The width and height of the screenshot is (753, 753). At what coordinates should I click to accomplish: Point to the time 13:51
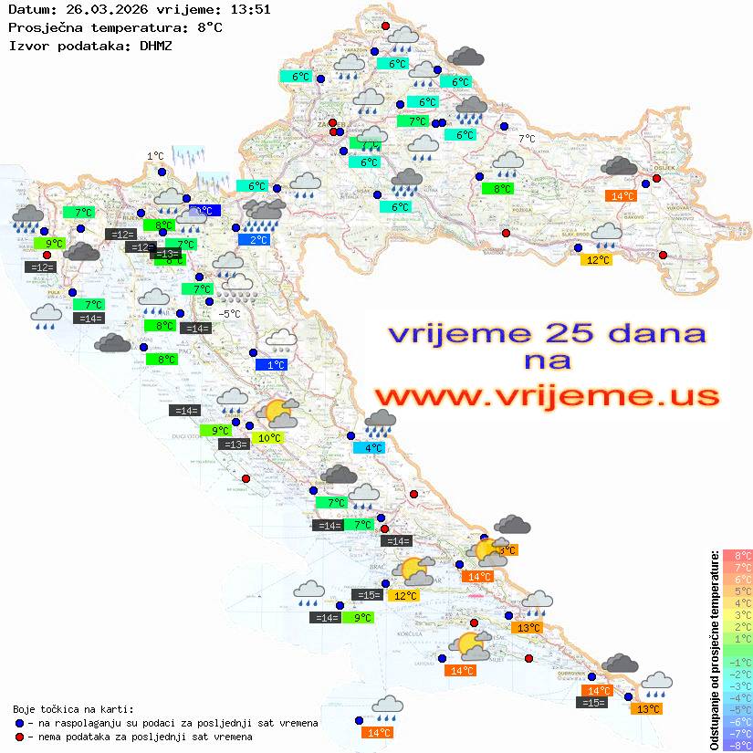(x=248, y=9)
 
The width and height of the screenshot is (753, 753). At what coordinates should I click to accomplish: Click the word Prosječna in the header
(x=41, y=27)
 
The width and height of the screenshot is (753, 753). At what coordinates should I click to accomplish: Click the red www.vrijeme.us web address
(x=547, y=397)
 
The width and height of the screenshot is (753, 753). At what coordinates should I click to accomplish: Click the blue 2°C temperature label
(x=258, y=239)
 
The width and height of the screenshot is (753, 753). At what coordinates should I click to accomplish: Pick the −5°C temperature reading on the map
(x=230, y=314)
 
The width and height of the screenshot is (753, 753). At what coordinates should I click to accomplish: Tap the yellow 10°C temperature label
(x=269, y=438)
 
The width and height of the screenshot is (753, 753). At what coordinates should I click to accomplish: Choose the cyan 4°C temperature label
(x=374, y=448)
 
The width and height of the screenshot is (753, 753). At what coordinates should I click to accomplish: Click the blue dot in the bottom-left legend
(x=19, y=723)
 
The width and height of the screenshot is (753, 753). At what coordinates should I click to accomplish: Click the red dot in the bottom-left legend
(x=19, y=737)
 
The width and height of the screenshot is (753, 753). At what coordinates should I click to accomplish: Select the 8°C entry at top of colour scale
(x=737, y=555)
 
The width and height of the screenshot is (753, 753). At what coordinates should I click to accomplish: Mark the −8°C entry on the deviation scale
(x=737, y=745)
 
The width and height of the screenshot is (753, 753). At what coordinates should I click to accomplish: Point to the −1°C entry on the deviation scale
(x=737, y=662)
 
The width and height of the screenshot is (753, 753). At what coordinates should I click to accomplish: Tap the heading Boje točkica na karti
(x=73, y=709)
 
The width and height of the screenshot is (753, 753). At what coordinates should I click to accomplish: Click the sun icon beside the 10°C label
(x=277, y=415)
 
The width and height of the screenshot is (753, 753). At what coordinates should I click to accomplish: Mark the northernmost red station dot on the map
(x=385, y=26)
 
